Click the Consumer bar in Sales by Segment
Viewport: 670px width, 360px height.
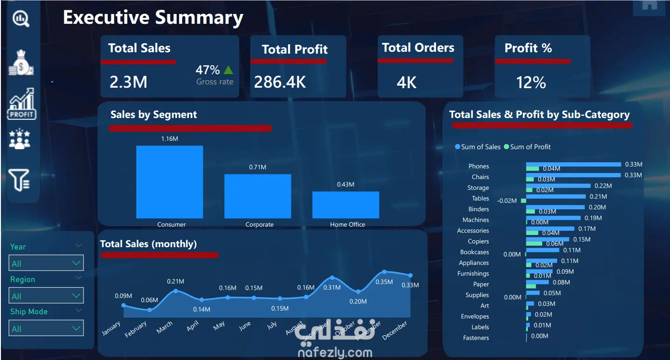click(169, 182)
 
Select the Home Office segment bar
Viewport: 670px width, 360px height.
click(345, 205)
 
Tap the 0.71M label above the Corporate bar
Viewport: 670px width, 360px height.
click(257, 167)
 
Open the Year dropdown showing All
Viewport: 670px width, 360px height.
click(46, 263)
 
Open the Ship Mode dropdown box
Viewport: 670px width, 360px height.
click(46, 328)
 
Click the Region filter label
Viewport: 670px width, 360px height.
click(22, 279)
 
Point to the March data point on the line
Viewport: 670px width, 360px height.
click(176, 291)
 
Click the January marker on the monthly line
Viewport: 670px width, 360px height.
click(124, 305)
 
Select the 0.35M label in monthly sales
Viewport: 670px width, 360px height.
click(384, 282)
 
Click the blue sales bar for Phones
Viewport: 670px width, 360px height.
click(573, 164)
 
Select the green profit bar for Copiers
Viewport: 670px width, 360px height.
click(534, 243)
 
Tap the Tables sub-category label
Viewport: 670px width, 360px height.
click(480, 198)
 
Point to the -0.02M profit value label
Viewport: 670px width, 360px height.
click(507, 201)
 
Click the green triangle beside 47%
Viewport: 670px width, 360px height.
click(228, 70)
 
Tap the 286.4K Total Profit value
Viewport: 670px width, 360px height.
click(280, 82)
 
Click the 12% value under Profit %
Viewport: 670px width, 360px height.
click(531, 83)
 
